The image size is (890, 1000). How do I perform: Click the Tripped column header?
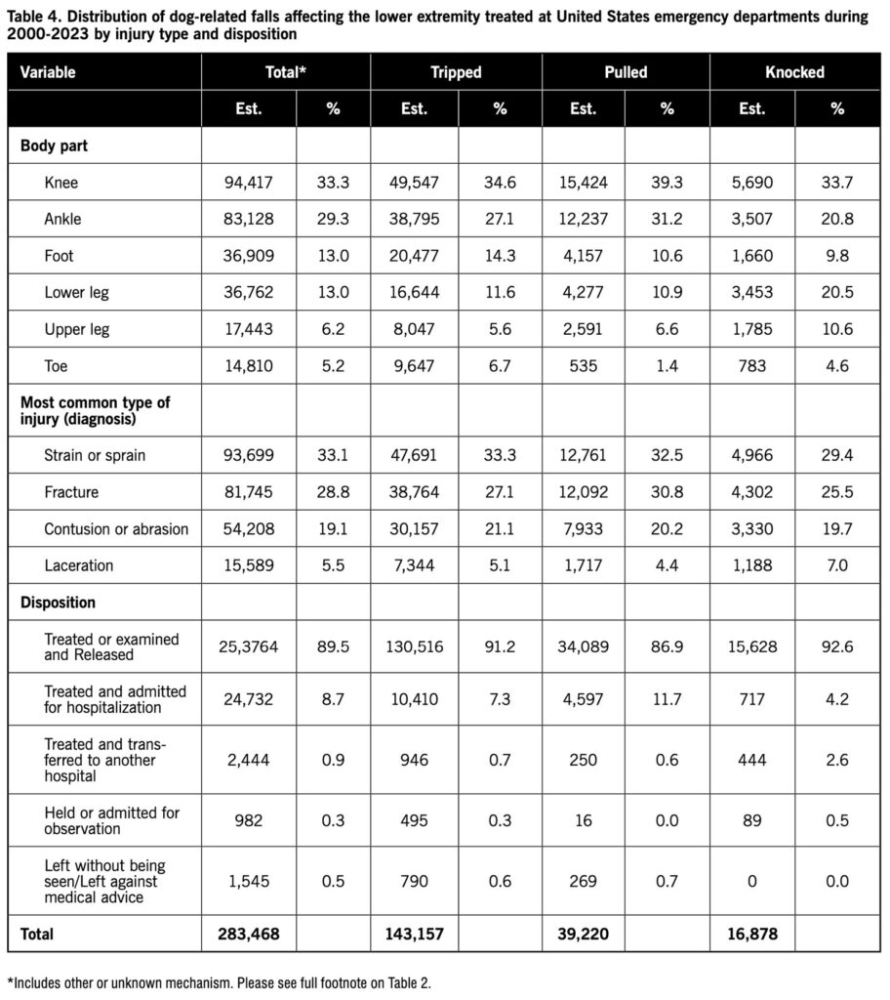coord(456,72)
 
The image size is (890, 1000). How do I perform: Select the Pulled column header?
coord(626,72)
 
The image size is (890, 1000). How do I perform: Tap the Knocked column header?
coord(795,72)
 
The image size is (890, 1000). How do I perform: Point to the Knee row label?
coord(61,182)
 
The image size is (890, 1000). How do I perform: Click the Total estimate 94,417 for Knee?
coord(249,182)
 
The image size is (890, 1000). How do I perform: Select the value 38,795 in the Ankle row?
coord(414,219)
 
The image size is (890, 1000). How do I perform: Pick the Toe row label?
coord(56,366)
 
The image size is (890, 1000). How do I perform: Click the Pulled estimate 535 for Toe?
coord(584,366)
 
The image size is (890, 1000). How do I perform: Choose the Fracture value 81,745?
coord(249,492)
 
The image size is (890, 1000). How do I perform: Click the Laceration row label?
coord(79,565)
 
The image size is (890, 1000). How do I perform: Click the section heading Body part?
coord(56,146)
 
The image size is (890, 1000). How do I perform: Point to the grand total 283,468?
coord(249,935)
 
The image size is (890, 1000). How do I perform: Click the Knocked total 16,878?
coord(752,935)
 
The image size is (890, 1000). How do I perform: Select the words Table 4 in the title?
coord(32,17)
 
